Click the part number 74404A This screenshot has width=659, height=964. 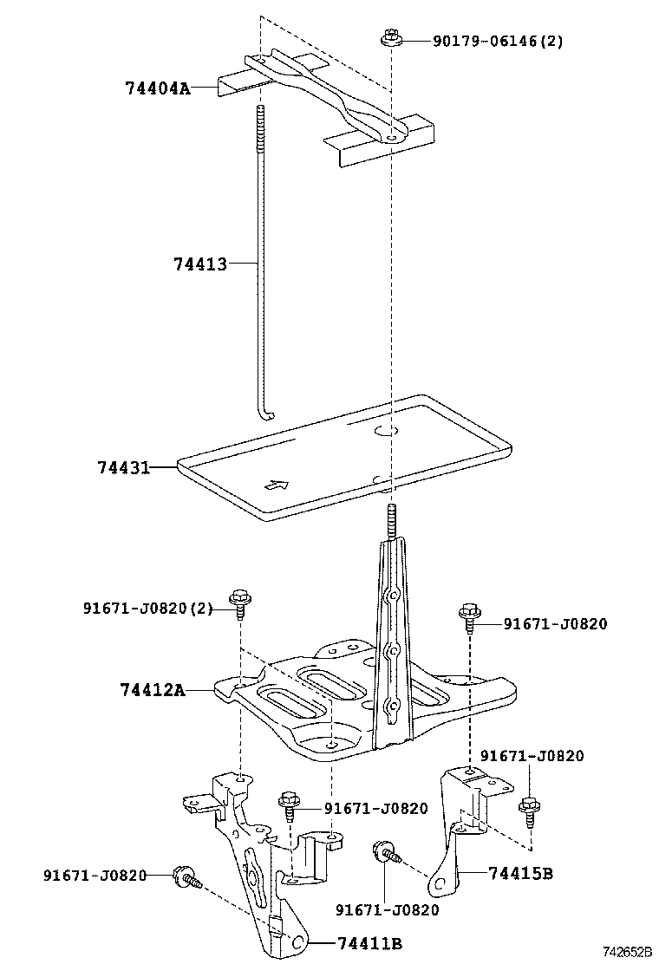coord(157,88)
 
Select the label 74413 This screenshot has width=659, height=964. coord(199,264)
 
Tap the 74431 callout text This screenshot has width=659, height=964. coord(123,467)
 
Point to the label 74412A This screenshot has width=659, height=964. coord(153,690)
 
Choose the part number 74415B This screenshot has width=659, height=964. coord(519,872)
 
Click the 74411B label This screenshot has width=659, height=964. coord(369,943)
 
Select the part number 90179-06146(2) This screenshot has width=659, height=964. coord(498,41)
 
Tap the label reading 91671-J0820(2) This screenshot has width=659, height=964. coord(147,609)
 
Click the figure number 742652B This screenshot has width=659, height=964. coord(628,952)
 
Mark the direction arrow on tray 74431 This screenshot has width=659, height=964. coord(275,485)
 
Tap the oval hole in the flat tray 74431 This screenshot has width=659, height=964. coord(386,431)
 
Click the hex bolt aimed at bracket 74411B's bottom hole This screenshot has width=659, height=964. coord(186,877)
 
